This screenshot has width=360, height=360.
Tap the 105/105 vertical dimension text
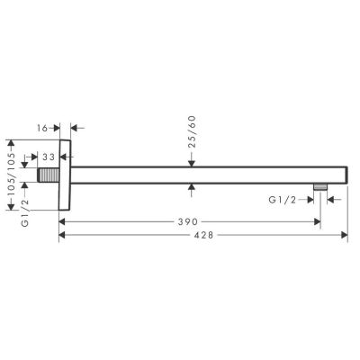(10, 176)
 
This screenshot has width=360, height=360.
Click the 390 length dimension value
(187, 220)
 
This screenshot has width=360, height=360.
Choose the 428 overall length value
(205, 235)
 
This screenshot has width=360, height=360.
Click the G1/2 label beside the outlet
(283, 198)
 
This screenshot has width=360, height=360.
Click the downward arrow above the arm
(192, 162)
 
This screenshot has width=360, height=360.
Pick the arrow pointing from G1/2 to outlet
(308, 198)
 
